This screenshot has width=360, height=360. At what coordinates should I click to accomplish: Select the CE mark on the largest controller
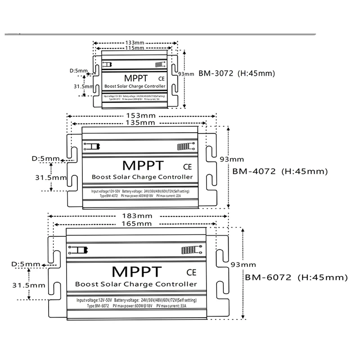tap(191, 271)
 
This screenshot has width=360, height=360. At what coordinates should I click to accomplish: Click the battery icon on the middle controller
tap(92, 146)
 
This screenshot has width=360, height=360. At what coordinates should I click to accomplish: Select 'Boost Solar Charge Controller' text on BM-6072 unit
tap(135, 284)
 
